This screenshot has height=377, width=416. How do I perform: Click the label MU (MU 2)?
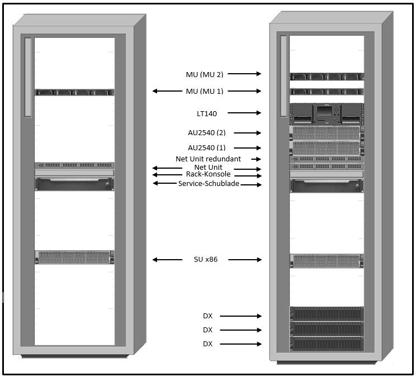pyautogui.click(x=205, y=74)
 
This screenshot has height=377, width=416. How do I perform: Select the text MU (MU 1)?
pyautogui.click(x=205, y=91)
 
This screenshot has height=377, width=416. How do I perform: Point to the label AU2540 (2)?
pyautogui.click(x=206, y=133)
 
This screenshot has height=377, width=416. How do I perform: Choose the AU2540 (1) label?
pyautogui.click(x=206, y=148)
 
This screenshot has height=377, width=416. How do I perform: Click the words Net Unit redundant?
pyautogui.click(x=208, y=159)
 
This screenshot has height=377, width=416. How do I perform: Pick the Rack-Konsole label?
pyautogui.click(x=208, y=175)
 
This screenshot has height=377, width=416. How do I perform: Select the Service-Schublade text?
pyautogui.click(x=209, y=184)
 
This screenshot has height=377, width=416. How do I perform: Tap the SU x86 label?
pyautogui.click(x=206, y=260)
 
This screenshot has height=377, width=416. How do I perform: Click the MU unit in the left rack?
pyautogui.click(x=74, y=92)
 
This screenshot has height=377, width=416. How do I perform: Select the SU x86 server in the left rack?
pyautogui.click(x=74, y=257)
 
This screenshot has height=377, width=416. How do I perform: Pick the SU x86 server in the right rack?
pyautogui.click(x=326, y=261)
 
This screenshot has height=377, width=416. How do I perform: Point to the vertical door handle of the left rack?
pyautogui.click(x=27, y=77)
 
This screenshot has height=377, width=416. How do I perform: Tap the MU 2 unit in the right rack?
pyautogui.click(x=326, y=77)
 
